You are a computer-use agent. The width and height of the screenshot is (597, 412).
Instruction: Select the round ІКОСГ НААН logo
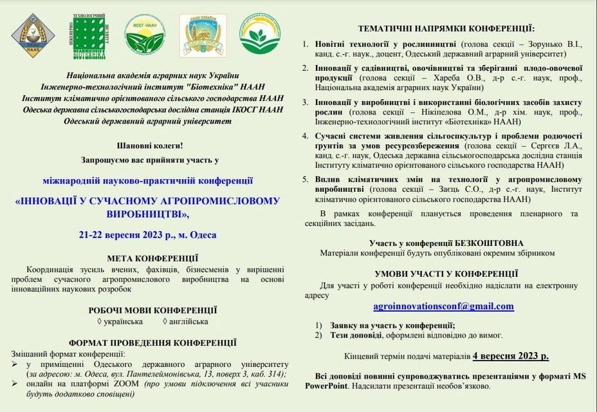tap(145, 34)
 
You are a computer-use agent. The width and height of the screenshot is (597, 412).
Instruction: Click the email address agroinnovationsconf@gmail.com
tap(443, 306)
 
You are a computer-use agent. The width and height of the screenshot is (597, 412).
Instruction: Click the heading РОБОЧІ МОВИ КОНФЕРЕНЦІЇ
tap(152, 310)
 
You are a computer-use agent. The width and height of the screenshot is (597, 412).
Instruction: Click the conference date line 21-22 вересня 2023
tap(147, 235)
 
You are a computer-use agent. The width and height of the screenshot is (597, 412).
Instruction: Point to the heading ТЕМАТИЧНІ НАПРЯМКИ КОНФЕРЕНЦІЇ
tap(446, 29)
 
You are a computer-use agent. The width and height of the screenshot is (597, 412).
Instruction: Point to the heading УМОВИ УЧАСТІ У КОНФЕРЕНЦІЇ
tap(445, 273)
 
